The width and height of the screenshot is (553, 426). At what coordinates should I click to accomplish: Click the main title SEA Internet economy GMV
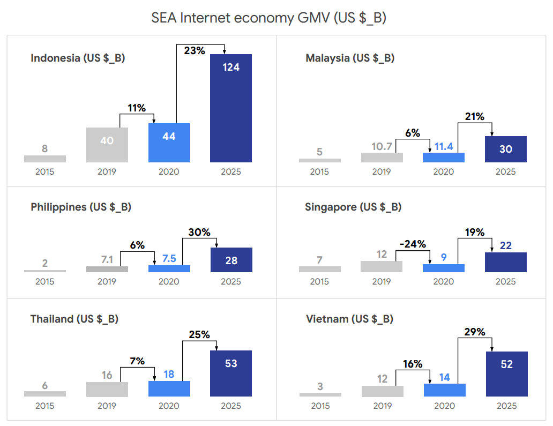pos(269,18)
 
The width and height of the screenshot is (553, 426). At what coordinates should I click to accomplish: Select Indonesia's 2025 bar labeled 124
pos(231,108)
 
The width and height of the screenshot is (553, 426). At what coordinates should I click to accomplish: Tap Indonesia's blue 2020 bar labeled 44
pos(169,143)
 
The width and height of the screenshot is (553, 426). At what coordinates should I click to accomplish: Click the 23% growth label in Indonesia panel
pos(195,51)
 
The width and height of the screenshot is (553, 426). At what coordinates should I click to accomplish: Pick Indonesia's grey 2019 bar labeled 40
pos(107,145)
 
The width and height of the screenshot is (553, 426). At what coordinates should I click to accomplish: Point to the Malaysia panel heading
pos(350,58)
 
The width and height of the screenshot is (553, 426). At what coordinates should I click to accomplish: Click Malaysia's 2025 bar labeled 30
pos(506,149)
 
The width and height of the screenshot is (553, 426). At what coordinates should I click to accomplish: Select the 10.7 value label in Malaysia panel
pos(382,146)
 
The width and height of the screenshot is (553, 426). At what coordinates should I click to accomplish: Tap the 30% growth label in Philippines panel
pos(199,233)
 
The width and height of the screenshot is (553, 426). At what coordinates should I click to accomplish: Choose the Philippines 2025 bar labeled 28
pos(231,260)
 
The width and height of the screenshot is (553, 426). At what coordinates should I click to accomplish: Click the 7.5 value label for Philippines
pos(169,258)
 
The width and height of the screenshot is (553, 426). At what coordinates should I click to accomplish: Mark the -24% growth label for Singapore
pos(413,244)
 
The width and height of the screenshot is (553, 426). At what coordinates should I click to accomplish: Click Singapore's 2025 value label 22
pos(506,246)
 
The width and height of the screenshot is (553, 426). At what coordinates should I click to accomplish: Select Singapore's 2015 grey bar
pos(319,269)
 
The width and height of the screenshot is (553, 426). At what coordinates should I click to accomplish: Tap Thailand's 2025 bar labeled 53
pos(231,373)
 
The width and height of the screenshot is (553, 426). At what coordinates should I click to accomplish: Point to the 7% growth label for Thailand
pos(137,361)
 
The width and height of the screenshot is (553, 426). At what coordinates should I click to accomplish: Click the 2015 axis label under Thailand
pos(45,406)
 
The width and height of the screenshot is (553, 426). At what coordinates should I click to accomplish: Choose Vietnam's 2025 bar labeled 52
pos(506,374)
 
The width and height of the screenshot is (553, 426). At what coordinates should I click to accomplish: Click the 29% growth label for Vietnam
pos(474,332)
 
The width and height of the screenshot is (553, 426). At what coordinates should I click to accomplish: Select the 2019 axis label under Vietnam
pos(383,406)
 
